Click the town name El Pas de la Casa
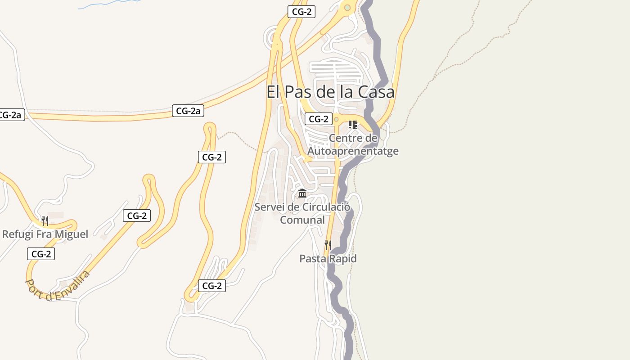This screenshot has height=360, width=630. click(330, 92)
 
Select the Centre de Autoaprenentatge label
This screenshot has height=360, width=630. click(353, 144)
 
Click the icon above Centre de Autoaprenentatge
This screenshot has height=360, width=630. click(353, 124)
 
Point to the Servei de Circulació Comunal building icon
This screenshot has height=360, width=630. click(302, 193)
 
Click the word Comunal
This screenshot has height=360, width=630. click(302, 220)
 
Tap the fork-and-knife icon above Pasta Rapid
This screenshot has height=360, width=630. click(328, 245)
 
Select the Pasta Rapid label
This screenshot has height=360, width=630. click(328, 259)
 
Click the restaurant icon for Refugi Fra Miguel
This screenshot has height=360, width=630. click(45, 220)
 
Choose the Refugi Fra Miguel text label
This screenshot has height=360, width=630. click(45, 234)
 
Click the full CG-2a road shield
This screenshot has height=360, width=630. click(188, 111)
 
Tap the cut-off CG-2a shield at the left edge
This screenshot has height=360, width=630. click(10, 115)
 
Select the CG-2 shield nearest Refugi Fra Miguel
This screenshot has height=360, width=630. click(41, 254)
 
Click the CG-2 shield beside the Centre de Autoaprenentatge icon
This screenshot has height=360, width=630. click(319, 119)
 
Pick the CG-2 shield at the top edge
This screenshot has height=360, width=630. click(301, 12)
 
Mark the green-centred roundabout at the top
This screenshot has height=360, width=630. click(347, 8)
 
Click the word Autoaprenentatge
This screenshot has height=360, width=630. click(353, 151)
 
